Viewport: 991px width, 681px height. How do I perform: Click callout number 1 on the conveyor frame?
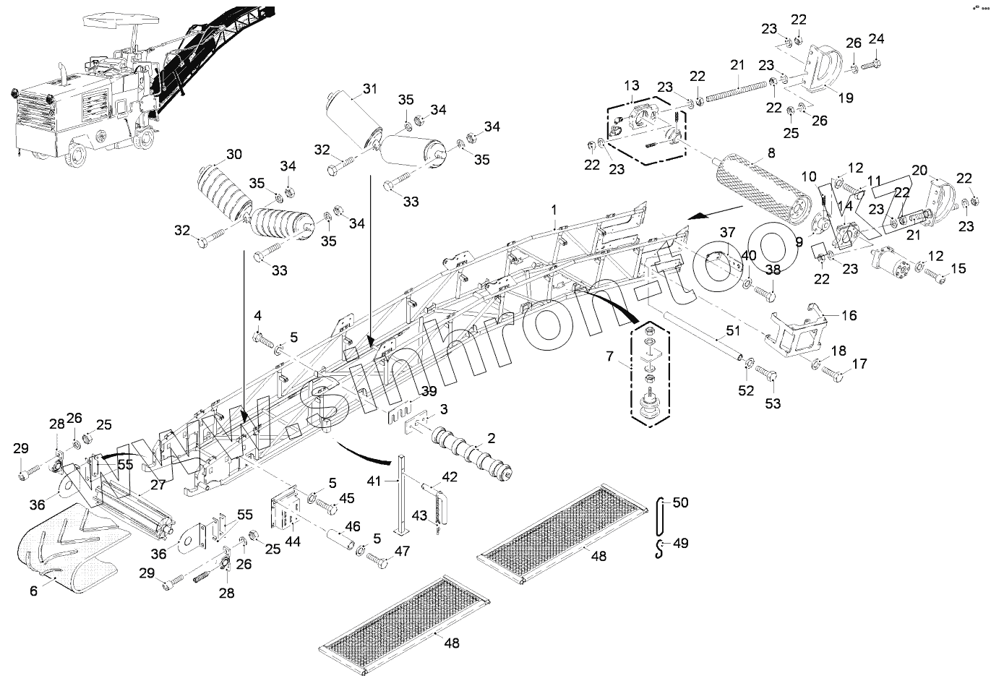tap(554, 210)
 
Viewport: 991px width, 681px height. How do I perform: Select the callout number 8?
tap(771, 153)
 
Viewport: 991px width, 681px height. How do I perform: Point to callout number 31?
tap(369, 89)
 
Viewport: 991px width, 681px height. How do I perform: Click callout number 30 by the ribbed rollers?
tap(234, 154)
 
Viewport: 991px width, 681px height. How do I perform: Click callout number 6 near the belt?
tap(33, 591)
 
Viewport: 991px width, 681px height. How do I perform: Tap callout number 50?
tap(681, 502)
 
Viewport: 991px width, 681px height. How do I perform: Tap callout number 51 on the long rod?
tap(732, 332)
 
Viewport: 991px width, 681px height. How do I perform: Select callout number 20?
tap(919, 170)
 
